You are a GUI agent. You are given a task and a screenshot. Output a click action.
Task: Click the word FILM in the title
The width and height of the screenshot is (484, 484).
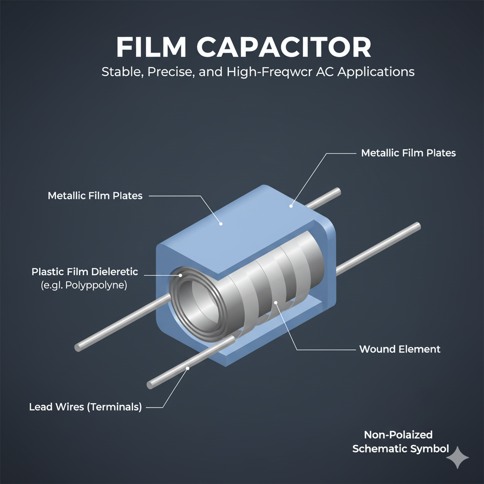pos(151,48)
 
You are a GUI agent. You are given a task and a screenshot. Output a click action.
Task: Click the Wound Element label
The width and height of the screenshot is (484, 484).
pos(399,349)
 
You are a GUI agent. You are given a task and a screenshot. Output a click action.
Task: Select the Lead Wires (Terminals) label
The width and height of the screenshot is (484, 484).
pos(86,406)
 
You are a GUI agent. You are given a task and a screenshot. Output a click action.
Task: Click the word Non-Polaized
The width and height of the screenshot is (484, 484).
pos(398,435)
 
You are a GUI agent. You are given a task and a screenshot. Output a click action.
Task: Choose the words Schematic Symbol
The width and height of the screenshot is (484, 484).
pos(400,449)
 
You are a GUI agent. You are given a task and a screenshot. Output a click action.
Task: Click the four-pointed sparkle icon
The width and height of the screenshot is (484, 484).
pos(458,457)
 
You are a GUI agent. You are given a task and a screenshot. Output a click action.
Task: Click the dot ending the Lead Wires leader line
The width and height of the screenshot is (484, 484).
pos(188,368)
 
